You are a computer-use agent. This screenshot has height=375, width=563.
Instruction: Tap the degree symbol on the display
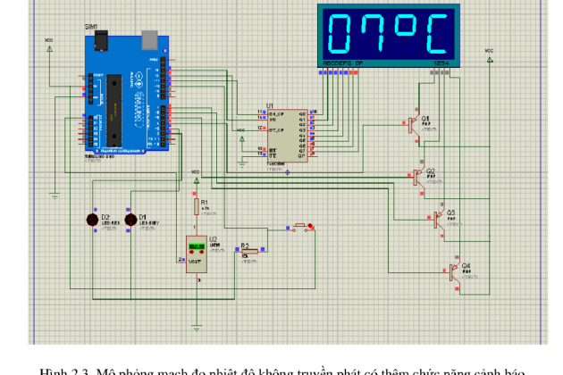[x=408, y=27]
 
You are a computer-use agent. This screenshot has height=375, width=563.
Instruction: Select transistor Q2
[x=417, y=176]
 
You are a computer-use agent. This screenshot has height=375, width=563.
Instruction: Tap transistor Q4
[x=455, y=272]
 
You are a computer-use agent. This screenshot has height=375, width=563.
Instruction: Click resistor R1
[x=197, y=207]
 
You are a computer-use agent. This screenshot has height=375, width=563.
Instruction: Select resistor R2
[x=251, y=252]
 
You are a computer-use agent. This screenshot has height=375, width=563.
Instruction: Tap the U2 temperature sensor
[x=196, y=254]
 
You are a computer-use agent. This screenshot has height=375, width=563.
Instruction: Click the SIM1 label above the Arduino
[x=91, y=28]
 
